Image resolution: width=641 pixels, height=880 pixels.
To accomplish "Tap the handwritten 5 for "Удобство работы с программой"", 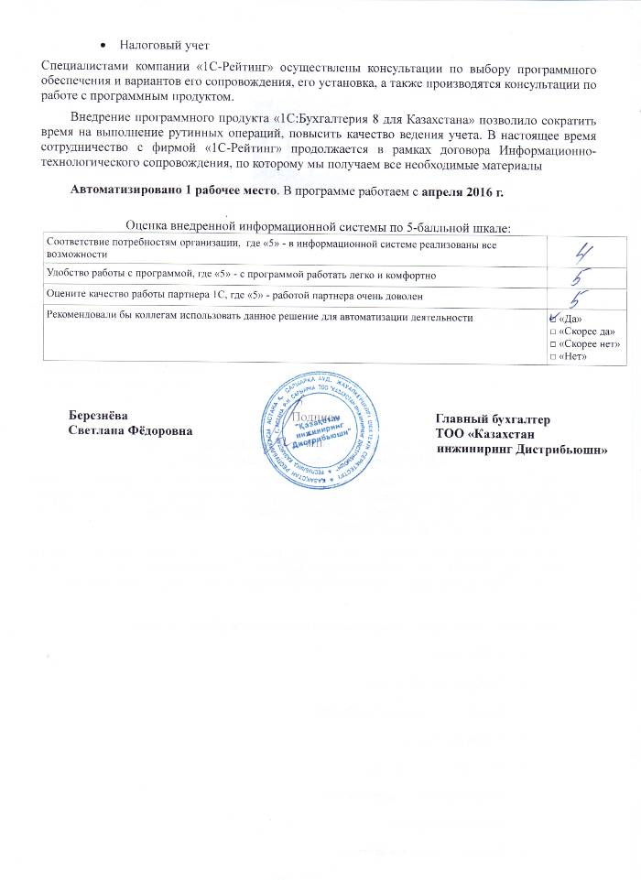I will (x=579, y=274).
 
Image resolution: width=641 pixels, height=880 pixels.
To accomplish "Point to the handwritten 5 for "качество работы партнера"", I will (x=580, y=297).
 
